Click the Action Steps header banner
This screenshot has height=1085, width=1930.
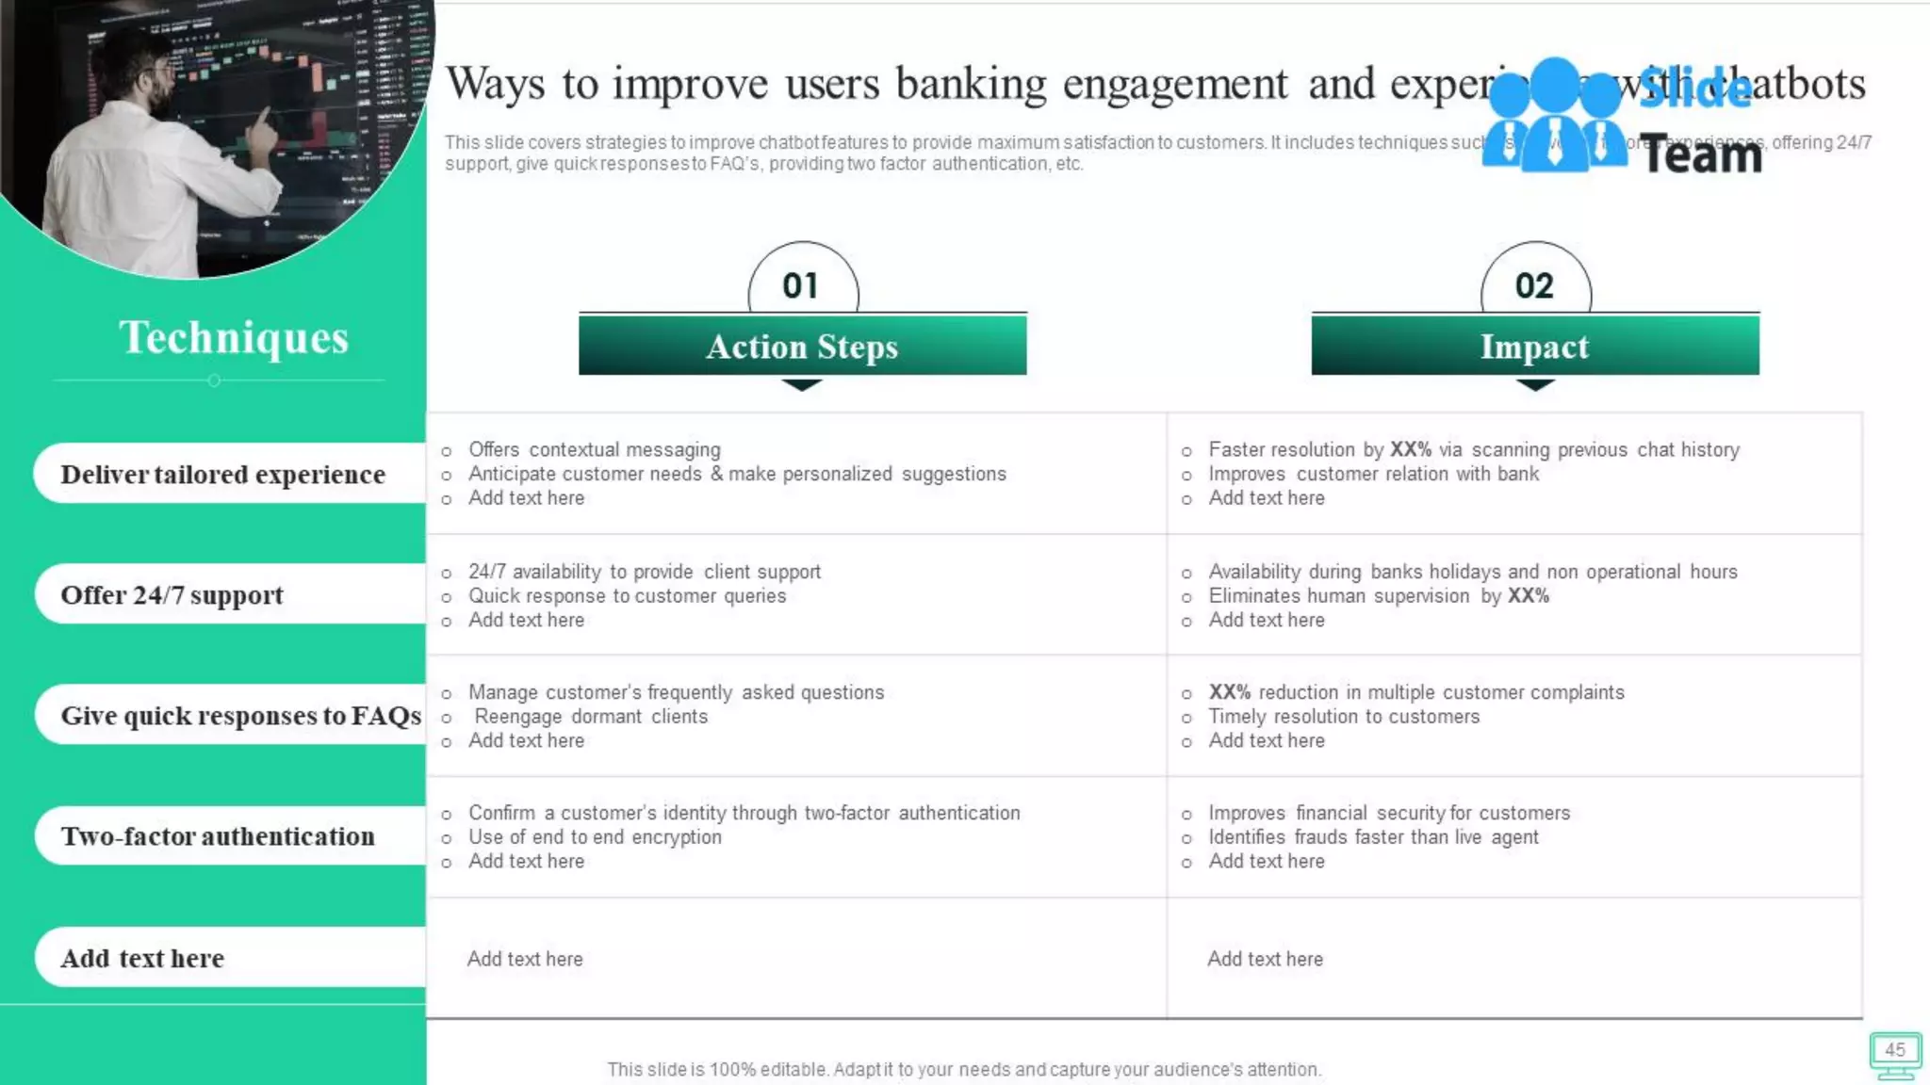click(x=802, y=346)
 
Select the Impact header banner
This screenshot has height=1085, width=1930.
click(x=1534, y=346)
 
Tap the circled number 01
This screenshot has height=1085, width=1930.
click(x=802, y=285)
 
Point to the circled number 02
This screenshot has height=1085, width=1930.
click(x=1534, y=285)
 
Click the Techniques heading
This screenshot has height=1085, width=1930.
click(x=234, y=337)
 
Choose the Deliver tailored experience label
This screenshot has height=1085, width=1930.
click(x=223, y=474)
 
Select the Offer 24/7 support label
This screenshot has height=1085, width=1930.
click(x=172, y=594)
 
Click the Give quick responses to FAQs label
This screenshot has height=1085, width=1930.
click(x=240, y=715)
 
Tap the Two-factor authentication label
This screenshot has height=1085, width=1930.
click(x=218, y=835)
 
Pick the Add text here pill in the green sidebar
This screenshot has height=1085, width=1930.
click(x=142, y=958)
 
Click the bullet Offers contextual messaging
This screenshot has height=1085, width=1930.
click(x=594, y=449)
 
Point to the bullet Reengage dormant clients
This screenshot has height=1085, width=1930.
click(x=591, y=716)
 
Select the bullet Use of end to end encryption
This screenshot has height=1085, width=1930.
click(x=595, y=836)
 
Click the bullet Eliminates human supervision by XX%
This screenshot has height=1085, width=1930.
click(x=1378, y=595)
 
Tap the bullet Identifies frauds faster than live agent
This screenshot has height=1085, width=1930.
click(x=1373, y=836)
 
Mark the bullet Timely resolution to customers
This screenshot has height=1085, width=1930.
click(x=1344, y=716)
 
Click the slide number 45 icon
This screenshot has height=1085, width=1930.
click(x=1894, y=1055)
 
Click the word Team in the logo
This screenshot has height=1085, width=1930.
click(x=1702, y=155)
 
